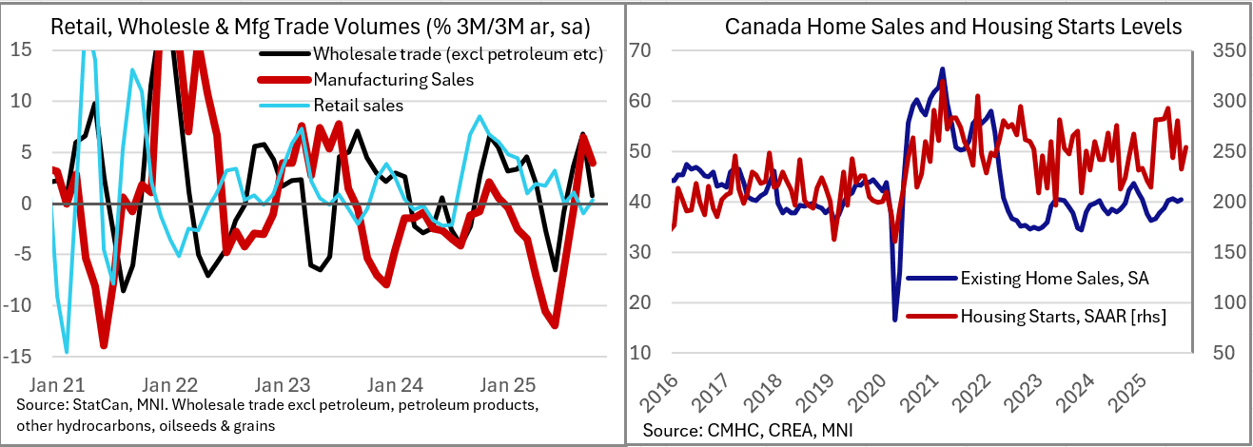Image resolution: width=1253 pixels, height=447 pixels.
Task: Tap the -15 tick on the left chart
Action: tap(19, 357)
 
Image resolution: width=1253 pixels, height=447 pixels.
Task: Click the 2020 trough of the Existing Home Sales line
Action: tap(894, 319)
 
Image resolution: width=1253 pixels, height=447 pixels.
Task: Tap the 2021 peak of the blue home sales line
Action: tap(942, 68)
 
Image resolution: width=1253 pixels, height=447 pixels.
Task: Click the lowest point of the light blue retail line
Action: tap(66, 352)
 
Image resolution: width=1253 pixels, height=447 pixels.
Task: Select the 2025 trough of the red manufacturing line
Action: tap(555, 326)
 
